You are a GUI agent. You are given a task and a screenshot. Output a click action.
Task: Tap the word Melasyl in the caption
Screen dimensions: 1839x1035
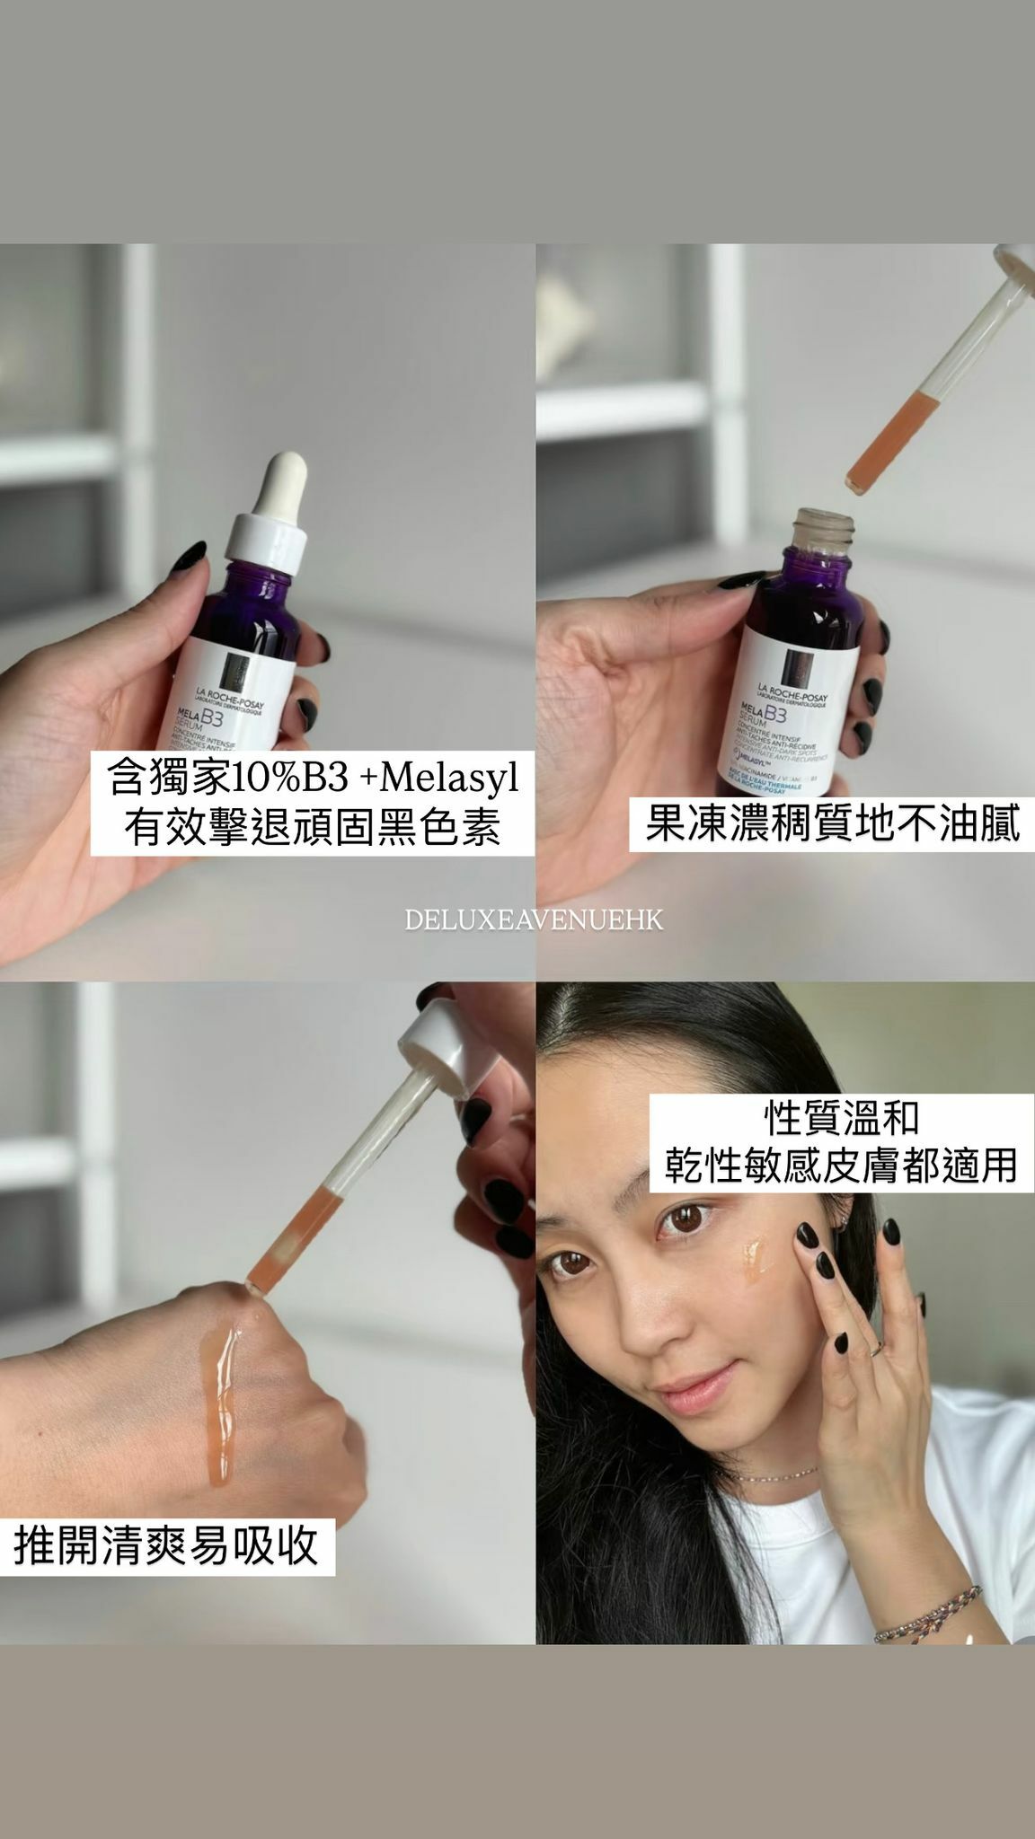[x=450, y=778]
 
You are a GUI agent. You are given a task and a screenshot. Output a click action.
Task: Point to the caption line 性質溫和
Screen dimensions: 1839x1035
[x=842, y=1118]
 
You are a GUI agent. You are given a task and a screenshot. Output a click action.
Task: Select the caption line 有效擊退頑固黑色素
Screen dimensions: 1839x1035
[x=312, y=826]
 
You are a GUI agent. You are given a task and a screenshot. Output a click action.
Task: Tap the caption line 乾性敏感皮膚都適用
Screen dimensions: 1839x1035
[x=842, y=1166]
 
